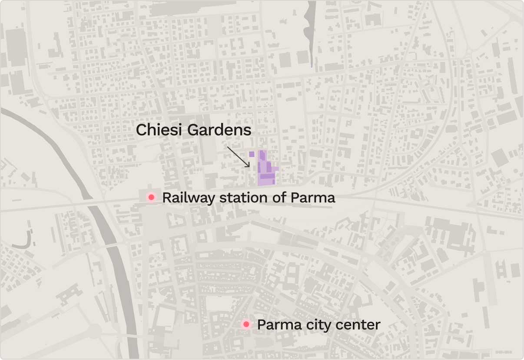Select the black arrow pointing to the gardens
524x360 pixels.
click(238, 157)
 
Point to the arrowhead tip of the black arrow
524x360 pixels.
click(249, 167)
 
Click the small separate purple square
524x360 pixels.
click(252, 154)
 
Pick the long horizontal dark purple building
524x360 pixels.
click(267, 176)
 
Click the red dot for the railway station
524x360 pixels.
click(151, 198)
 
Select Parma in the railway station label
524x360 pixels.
click(313, 198)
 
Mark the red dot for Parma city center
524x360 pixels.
click(246, 324)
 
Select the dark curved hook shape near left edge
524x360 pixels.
click(27, 240)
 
